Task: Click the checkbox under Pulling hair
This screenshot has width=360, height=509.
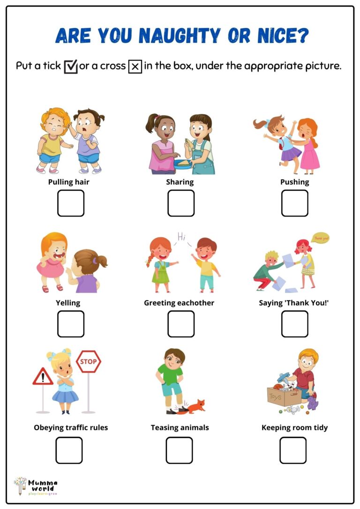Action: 71,203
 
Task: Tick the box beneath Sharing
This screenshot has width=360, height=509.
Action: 181,203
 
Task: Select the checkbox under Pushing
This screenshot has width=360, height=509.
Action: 294,203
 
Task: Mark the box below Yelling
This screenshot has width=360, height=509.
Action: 71,324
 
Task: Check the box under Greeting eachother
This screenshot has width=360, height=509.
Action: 181,324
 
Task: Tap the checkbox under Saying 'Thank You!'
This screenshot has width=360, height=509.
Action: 294,324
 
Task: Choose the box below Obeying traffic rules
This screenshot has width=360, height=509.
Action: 69,450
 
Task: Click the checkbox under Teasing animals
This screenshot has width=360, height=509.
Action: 179,450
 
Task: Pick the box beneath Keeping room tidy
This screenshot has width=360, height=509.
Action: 293,450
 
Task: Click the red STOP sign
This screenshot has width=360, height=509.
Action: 89,362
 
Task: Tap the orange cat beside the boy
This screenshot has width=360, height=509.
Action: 195,405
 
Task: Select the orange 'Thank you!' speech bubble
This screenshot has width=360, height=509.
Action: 321,238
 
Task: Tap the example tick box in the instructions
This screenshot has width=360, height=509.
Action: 71,67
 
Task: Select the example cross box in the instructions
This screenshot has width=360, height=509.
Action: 135,67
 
